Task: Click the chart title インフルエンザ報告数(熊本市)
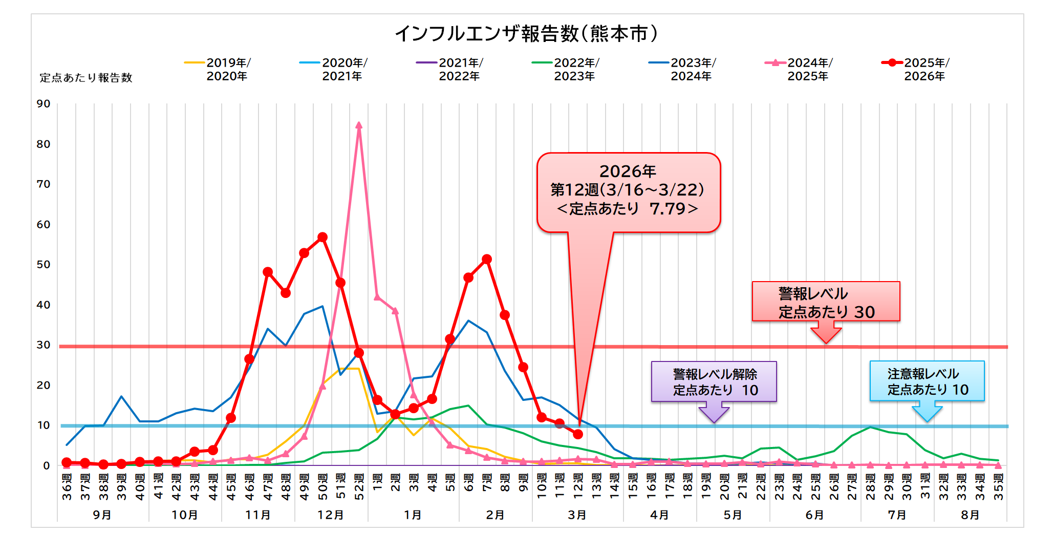pyautogui.click(x=526, y=34)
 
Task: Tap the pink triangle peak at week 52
pyautogui.click(x=359, y=125)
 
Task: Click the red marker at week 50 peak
pyautogui.click(x=322, y=238)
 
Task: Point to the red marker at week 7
pyautogui.click(x=487, y=260)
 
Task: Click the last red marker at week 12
pyautogui.click(x=578, y=434)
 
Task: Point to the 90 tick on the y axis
pyautogui.click(x=44, y=104)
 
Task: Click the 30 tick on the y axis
pyautogui.click(x=44, y=345)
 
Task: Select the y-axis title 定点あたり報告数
pyautogui.click(x=86, y=78)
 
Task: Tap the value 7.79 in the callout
pyautogui.click(x=667, y=209)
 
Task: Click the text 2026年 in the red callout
pyautogui.click(x=628, y=171)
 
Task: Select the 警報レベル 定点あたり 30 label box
pyautogui.click(x=826, y=302)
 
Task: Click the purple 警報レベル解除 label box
pyautogui.click(x=714, y=382)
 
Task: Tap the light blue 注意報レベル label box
pyautogui.click(x=927, y=381)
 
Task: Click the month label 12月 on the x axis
pyautogui.click(x=331, y=515)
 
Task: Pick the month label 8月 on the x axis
pyautogui.click(x=970, y=515)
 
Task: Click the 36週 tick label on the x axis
pyautogui.click(x=67, y=486)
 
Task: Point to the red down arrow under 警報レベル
pyautogui.click(x=826, y=334)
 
